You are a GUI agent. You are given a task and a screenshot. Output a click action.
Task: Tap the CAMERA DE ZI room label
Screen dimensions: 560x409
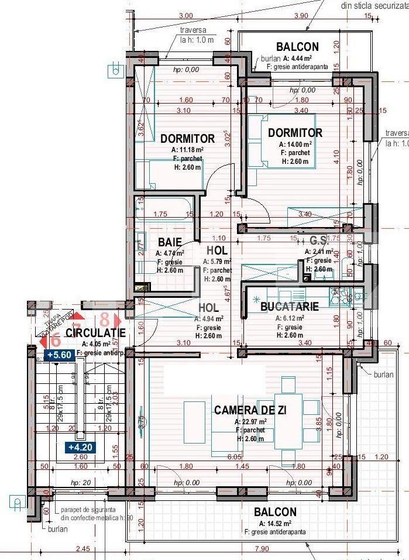click(x=250, y=410)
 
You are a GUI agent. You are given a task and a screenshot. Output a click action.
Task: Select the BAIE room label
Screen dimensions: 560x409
click(x=169, y=242)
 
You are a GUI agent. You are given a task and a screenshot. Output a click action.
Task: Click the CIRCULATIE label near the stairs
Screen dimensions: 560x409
click(x=95, y=333)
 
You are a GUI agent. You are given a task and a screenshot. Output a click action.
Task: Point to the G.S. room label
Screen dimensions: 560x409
click(x=318, y=240)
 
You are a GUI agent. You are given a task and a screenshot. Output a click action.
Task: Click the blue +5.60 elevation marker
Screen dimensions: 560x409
click(x=59, y=355)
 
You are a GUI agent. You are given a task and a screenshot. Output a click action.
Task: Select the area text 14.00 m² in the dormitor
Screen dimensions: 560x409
click(x=298, y=144)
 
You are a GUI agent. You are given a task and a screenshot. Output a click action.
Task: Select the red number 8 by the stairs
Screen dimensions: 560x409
click(x=105, y=320)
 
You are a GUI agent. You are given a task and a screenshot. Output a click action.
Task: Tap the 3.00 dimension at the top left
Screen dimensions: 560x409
click(x=186, y=15)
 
